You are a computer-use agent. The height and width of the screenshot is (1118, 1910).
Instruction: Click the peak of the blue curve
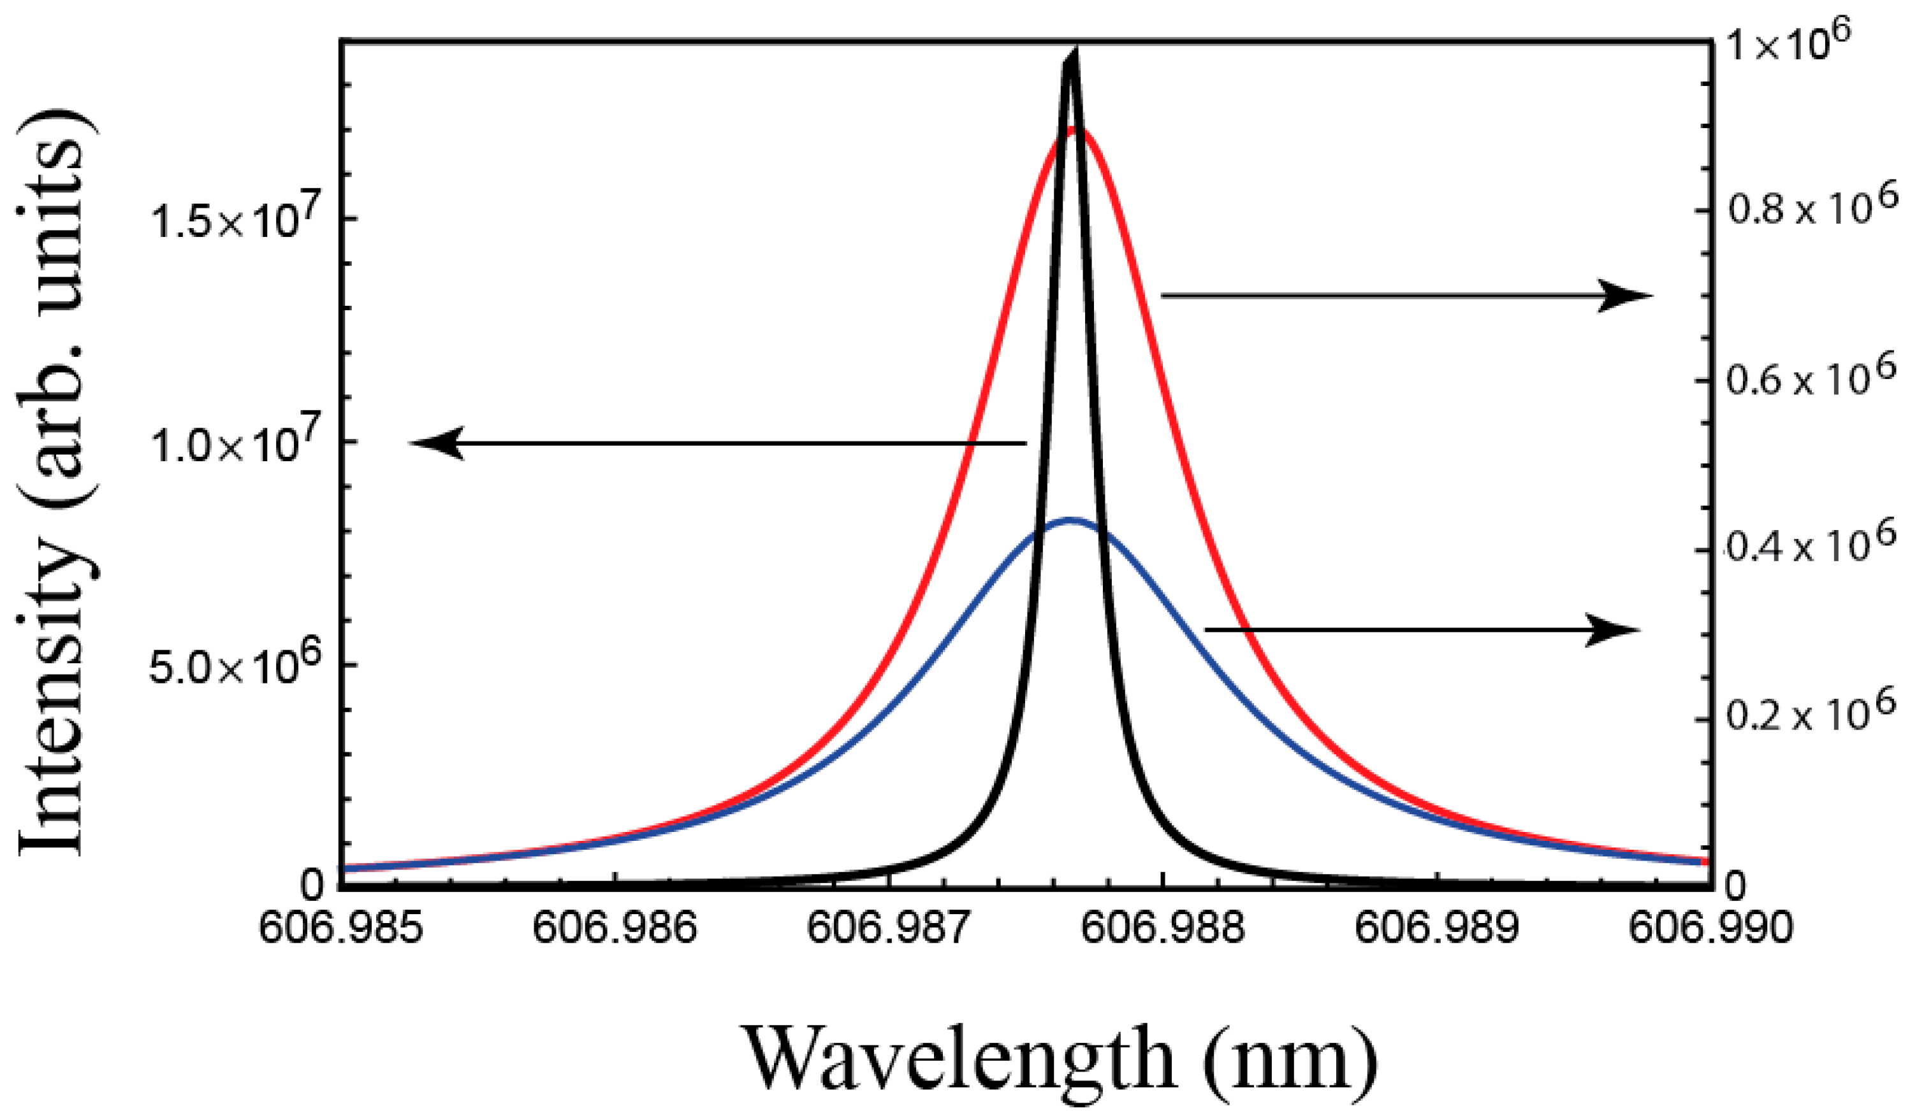[x=1070, y=520]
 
